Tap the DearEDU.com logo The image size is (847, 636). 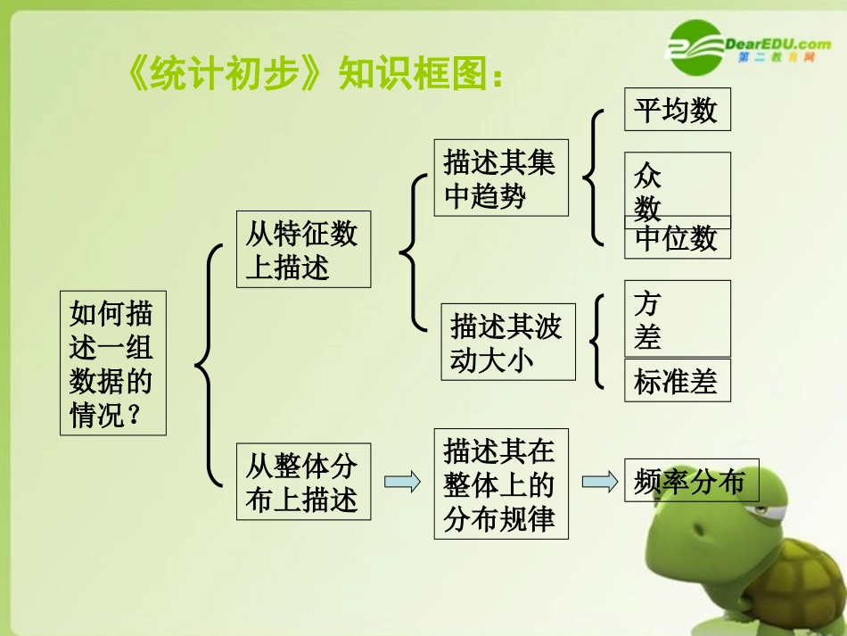(750, 45)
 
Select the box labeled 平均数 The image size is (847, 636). (677, 109)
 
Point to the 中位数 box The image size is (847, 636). (677, 239)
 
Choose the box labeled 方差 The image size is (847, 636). (677, 318)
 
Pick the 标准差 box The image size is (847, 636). (677, 381)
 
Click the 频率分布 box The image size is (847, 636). (690, 481)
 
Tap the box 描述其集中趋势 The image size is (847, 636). (501, 178)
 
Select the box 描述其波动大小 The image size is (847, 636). (507, 343)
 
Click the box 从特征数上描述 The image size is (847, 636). (303, 249)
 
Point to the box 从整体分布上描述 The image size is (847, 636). (303, 481)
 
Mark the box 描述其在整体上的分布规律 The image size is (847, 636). (500, 483)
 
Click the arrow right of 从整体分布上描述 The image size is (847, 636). (401, 482)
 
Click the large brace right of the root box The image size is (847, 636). (208, 365)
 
